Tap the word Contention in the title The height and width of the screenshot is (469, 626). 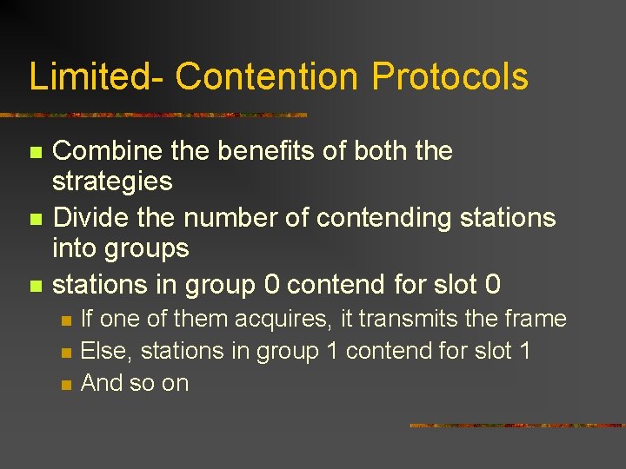click(x=265, y=76)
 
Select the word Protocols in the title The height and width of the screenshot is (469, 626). click(x=450, y=76)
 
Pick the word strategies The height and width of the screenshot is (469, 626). click(x=112, y=182)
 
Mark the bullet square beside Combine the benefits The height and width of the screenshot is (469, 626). click(x=35, y=152)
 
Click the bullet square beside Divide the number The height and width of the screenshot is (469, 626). click(x=35, y=218)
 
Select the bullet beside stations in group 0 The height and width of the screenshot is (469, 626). click(x=35, y=285)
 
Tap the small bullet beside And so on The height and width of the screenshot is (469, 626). click(x=66, y=384)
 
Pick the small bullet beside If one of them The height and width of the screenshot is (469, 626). click(x=66, y=320)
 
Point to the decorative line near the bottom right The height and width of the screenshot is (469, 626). click(x=516, y=426)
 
